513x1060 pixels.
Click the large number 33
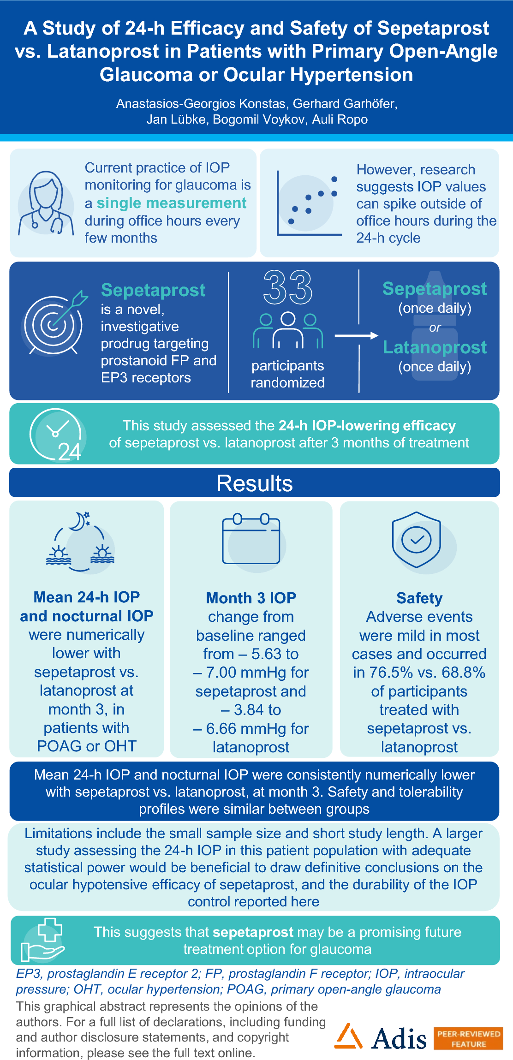(287, 287)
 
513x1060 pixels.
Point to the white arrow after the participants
(356, 335)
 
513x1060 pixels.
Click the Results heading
(255, 483)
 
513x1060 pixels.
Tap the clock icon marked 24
(56, 434)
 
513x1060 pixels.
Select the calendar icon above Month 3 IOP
(251, 539)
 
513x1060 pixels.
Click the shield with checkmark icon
(417, 540)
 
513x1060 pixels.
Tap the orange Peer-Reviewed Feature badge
(468, 1038)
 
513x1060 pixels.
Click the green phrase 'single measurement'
(172, 203)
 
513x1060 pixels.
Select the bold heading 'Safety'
(419, 598)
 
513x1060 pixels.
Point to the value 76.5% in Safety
(382, 673)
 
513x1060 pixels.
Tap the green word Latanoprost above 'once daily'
(435, 347)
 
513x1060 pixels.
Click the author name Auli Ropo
(340, 119)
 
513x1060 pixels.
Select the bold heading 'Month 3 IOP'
(251, 598)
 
